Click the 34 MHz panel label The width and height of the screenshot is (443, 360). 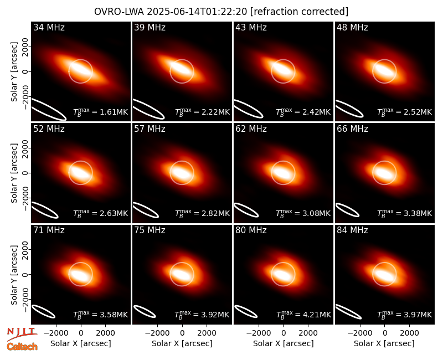pyautogui.click(x=49, y=27)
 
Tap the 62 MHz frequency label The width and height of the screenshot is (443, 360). pyautogui.click(x=251, y=129)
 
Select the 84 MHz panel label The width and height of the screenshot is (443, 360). pyautogui.click(x=352, y=230)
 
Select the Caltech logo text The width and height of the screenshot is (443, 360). pyautogui.click(x=22, y=347)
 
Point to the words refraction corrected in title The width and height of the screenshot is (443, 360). pyautogui.click(x=300, y=12)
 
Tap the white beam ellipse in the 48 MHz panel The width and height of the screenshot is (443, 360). pyautogui.click(x=349, y=109)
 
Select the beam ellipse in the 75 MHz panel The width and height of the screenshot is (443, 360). pyautogui.click(x=145, y=311)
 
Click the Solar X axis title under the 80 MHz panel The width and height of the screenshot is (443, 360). pyautogui.click(x=283, y=343)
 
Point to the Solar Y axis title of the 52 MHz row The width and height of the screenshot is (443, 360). pyautogui.click(x=14, y=173)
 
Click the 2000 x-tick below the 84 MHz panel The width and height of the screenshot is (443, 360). pyautogui.click(x=409, y=333)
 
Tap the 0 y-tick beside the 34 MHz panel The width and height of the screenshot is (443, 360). pyautogui.click(x=25, y=71)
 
